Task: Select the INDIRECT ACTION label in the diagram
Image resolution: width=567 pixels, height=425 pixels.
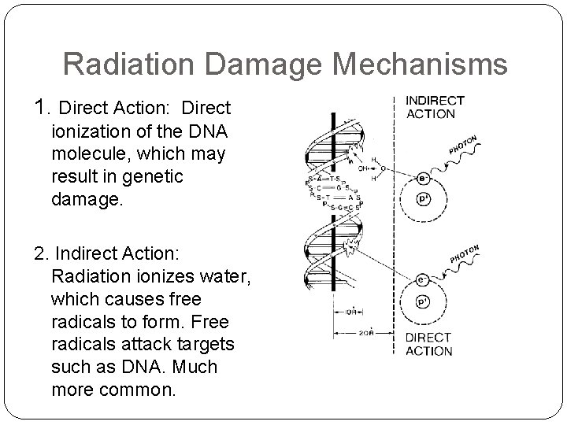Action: coord(435,107)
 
